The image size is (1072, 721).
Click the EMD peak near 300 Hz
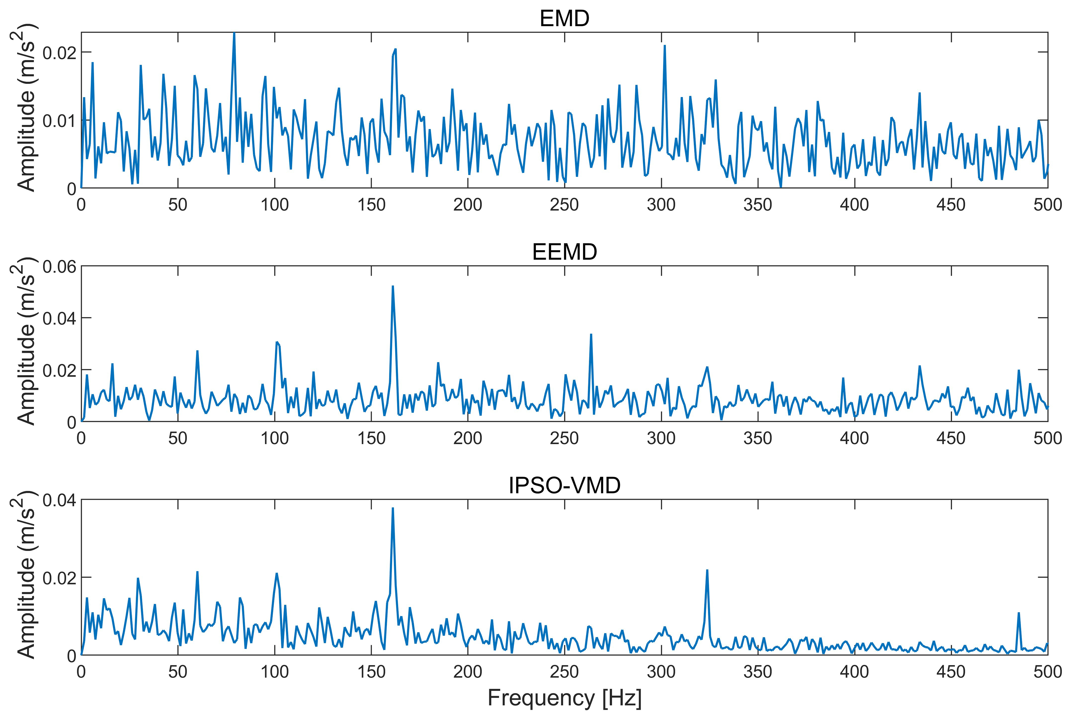(665, 46)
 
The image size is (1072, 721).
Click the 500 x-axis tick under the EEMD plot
(1048, 438)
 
